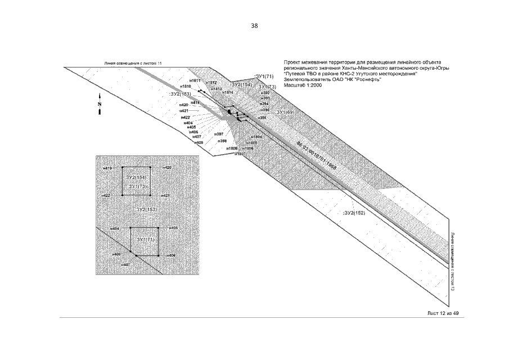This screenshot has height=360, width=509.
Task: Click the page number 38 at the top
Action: coord(254,26)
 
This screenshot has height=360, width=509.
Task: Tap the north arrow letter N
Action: coord(100,104)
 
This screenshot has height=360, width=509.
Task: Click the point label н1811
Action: coord(195,80)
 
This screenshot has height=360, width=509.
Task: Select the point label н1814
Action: coord(227,93)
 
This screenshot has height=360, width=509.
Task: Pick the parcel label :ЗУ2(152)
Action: coord(354,213)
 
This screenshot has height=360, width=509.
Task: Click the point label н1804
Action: coord(256,137)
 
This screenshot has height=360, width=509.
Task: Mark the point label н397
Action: coord(219,134)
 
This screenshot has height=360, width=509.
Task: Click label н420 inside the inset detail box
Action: coord(167,168)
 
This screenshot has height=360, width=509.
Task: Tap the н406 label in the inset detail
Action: coord(172,255)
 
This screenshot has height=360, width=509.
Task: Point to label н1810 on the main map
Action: coord(186,87)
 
